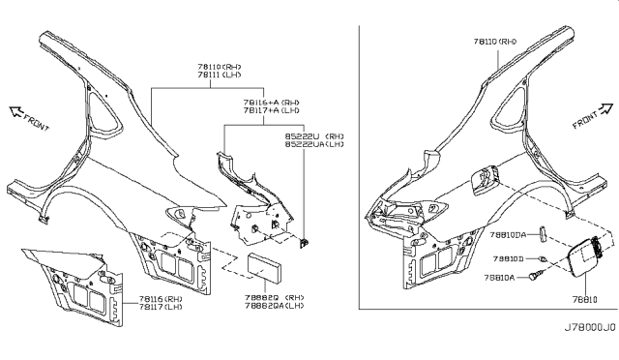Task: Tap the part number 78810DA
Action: [507, 234]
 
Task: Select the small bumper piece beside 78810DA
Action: [544, 234]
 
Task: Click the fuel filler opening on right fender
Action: [485, 179]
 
